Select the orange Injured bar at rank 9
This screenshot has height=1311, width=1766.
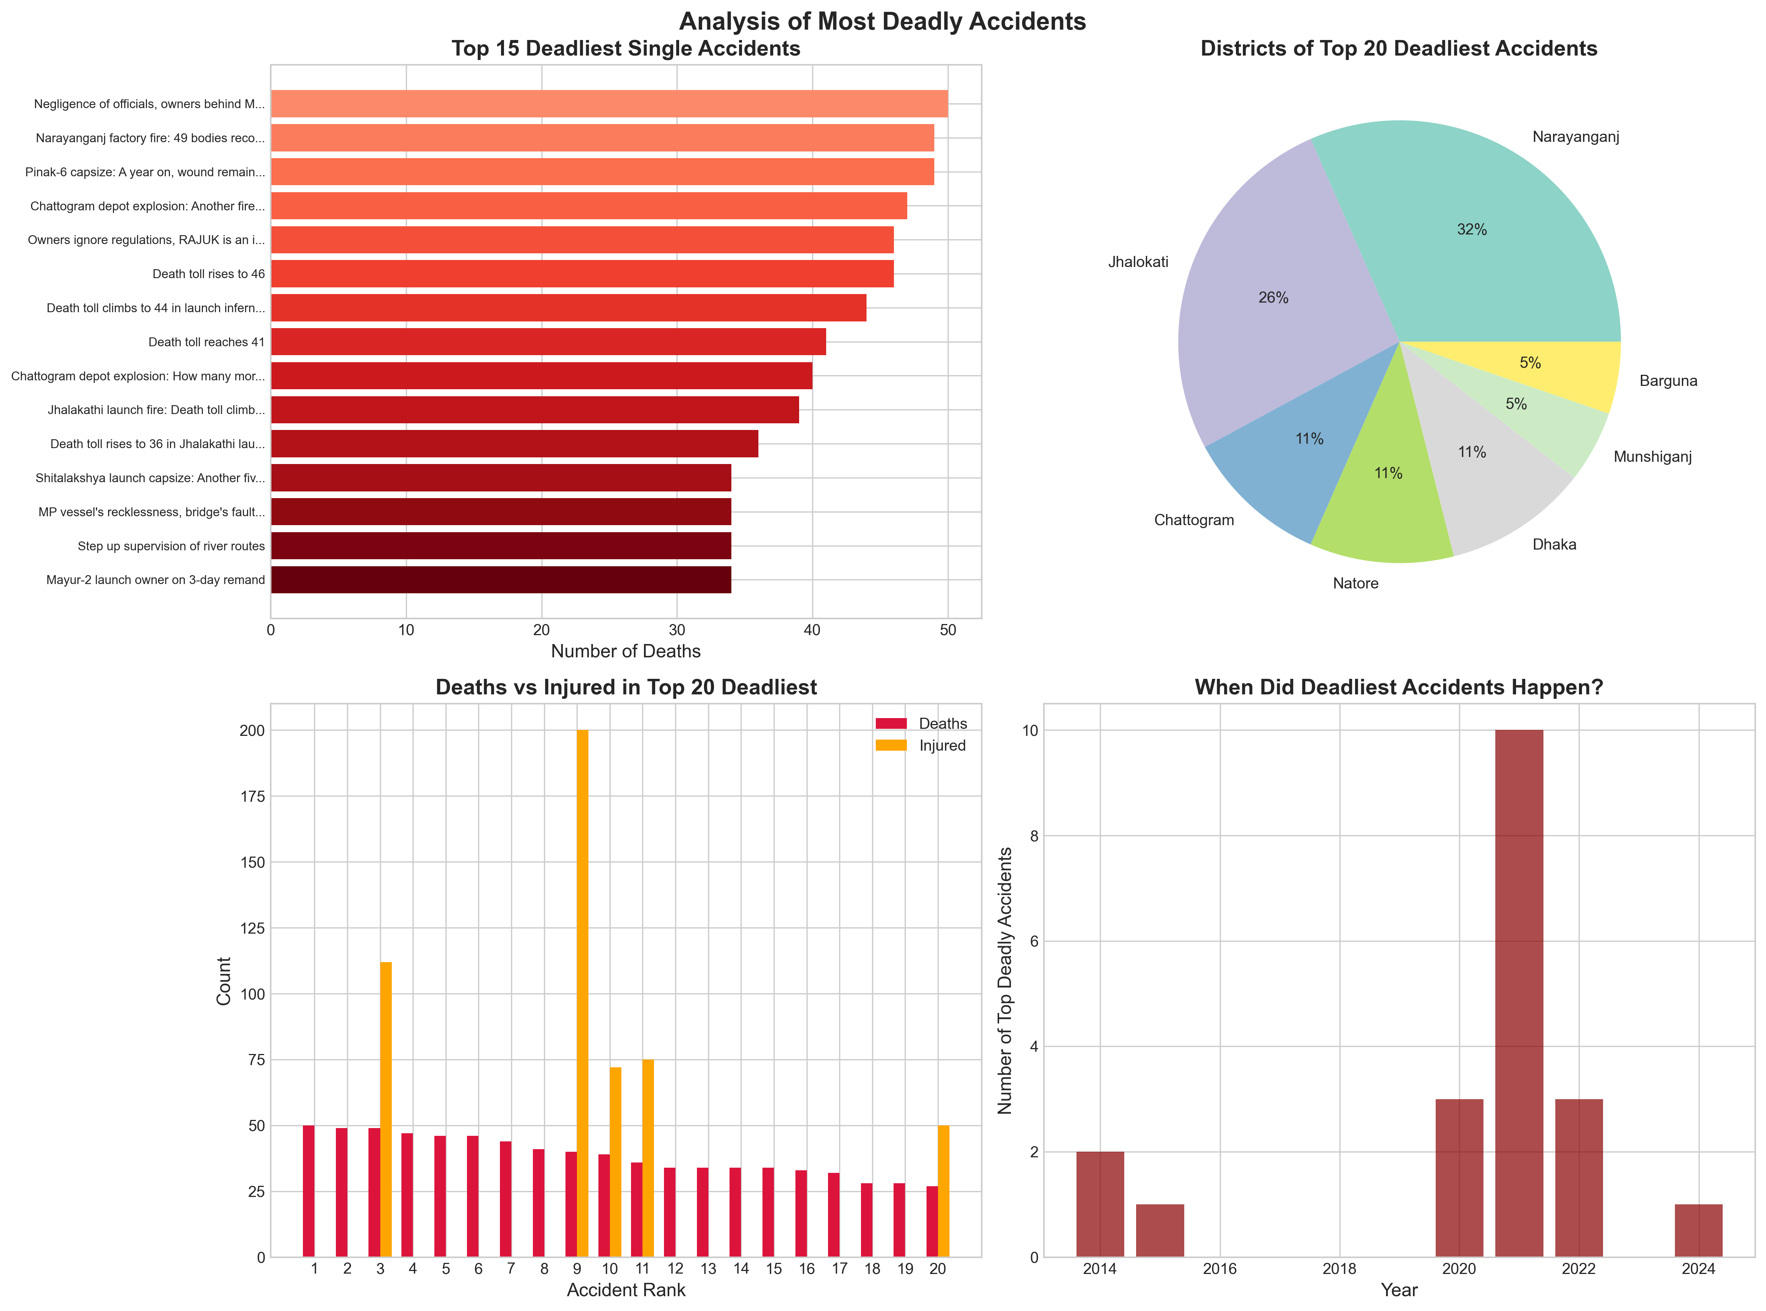[582, 992]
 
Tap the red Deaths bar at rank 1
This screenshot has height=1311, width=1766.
[308, 1190]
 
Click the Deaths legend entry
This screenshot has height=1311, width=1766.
[942, 724]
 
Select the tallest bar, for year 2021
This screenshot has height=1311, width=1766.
[1519, 992]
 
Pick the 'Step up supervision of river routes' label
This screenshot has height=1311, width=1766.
[171, 546]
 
